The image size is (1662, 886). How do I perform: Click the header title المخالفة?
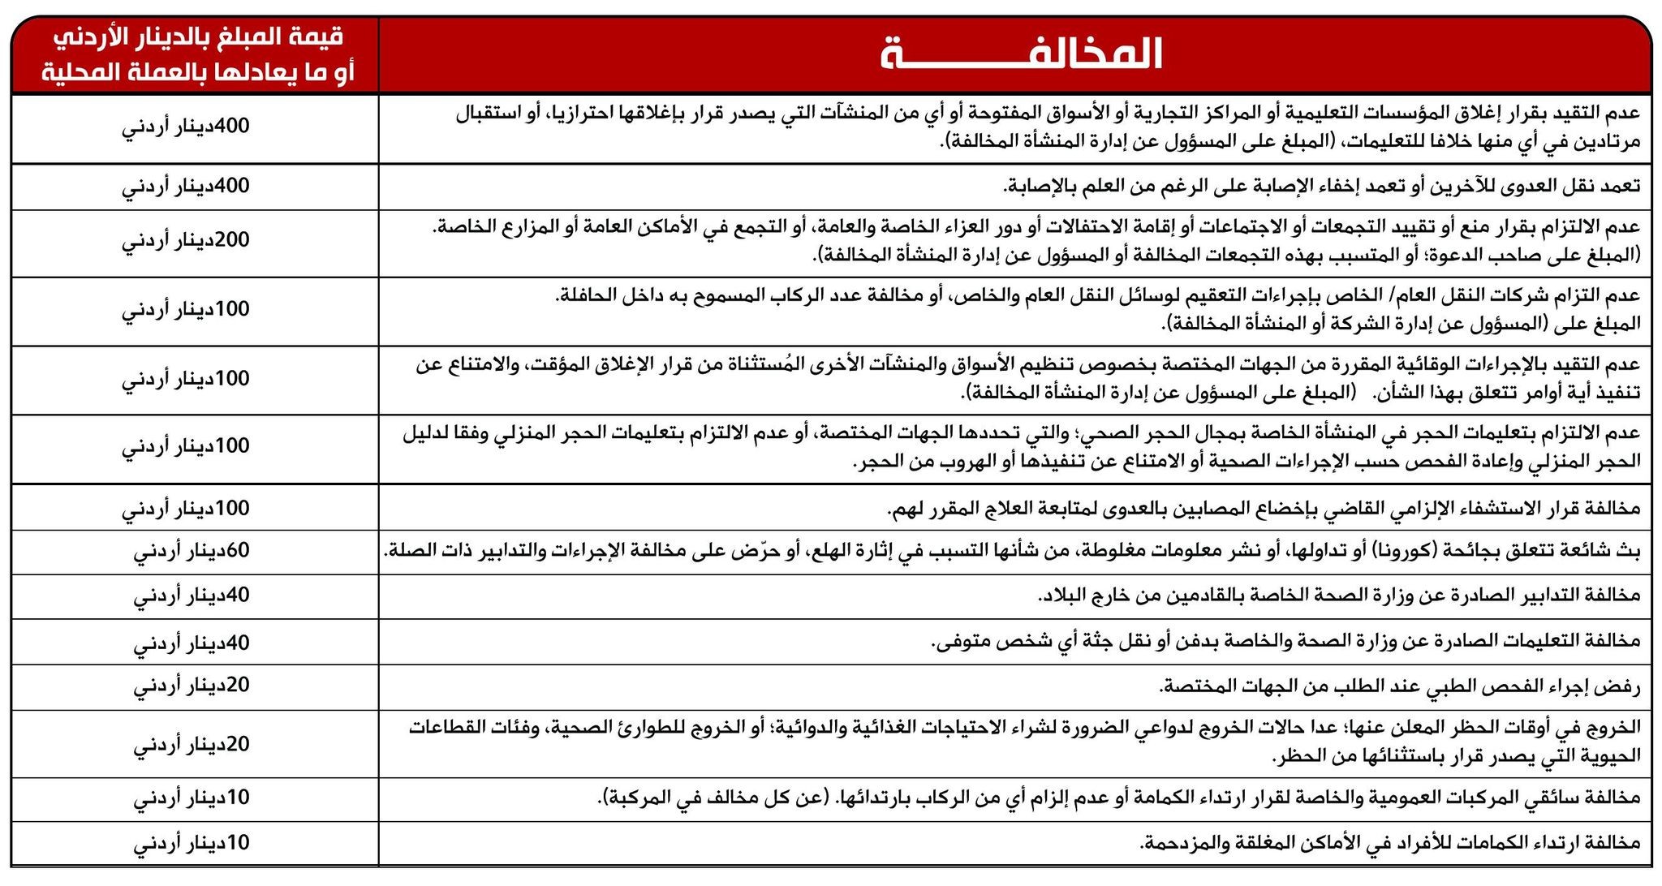[x=1021, y=54]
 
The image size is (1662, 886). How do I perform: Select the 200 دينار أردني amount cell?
[x=186, y=240]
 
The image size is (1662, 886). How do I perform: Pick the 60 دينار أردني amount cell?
[x=192, y=551]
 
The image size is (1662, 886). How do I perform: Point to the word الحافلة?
[x=585, y=295]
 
